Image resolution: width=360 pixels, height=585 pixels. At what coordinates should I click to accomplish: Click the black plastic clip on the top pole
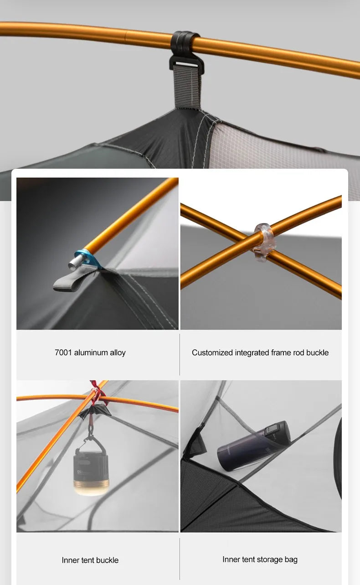[185, 52]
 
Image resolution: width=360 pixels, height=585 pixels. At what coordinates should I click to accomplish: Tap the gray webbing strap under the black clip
[187, 86]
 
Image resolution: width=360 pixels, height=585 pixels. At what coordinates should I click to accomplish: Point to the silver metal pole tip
[76, 262]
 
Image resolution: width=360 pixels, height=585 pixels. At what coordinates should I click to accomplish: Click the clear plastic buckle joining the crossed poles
[264, 243]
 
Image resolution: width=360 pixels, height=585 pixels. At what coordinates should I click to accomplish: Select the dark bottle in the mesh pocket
[253, 446]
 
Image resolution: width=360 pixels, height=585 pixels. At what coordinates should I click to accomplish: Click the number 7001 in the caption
[63, 352]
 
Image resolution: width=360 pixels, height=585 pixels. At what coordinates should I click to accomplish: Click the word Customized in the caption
[212, 352]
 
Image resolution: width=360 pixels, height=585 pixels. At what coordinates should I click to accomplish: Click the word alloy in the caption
[118, 353]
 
